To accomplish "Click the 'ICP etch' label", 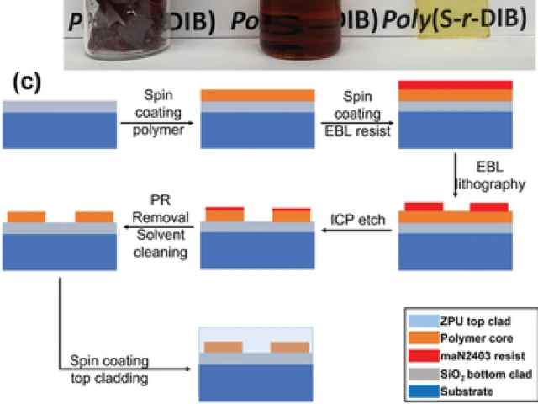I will click(x=356, y=221).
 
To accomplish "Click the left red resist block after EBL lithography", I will click(x=425, y=206).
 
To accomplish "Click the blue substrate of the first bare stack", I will click(x=59, y=130).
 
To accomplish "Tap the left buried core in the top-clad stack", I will click(x=224, y=347).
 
